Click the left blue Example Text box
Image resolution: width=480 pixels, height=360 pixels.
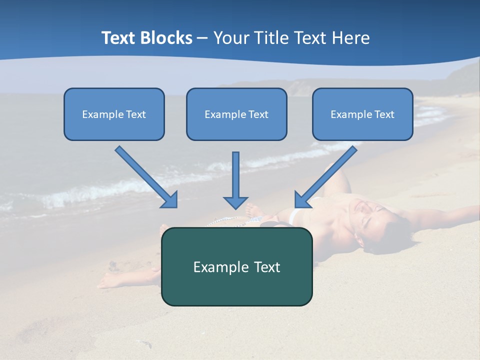pyautogui.click(x=114, y=114)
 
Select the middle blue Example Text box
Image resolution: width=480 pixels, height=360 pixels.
pyautogui.click(x=236, y=114)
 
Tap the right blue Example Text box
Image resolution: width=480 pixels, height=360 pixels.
pyautogui.click(x=362, y=114)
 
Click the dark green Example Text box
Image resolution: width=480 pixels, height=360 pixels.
pyautogui.click(x=236, y=266)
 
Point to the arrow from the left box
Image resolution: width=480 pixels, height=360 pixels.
pyautogui.click(x=145, y=176)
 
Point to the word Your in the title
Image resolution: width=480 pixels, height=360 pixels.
pyautogui.click(x=231, y=38)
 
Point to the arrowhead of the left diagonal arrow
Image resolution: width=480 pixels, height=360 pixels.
pyautogui.click(x=170, y=200)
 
